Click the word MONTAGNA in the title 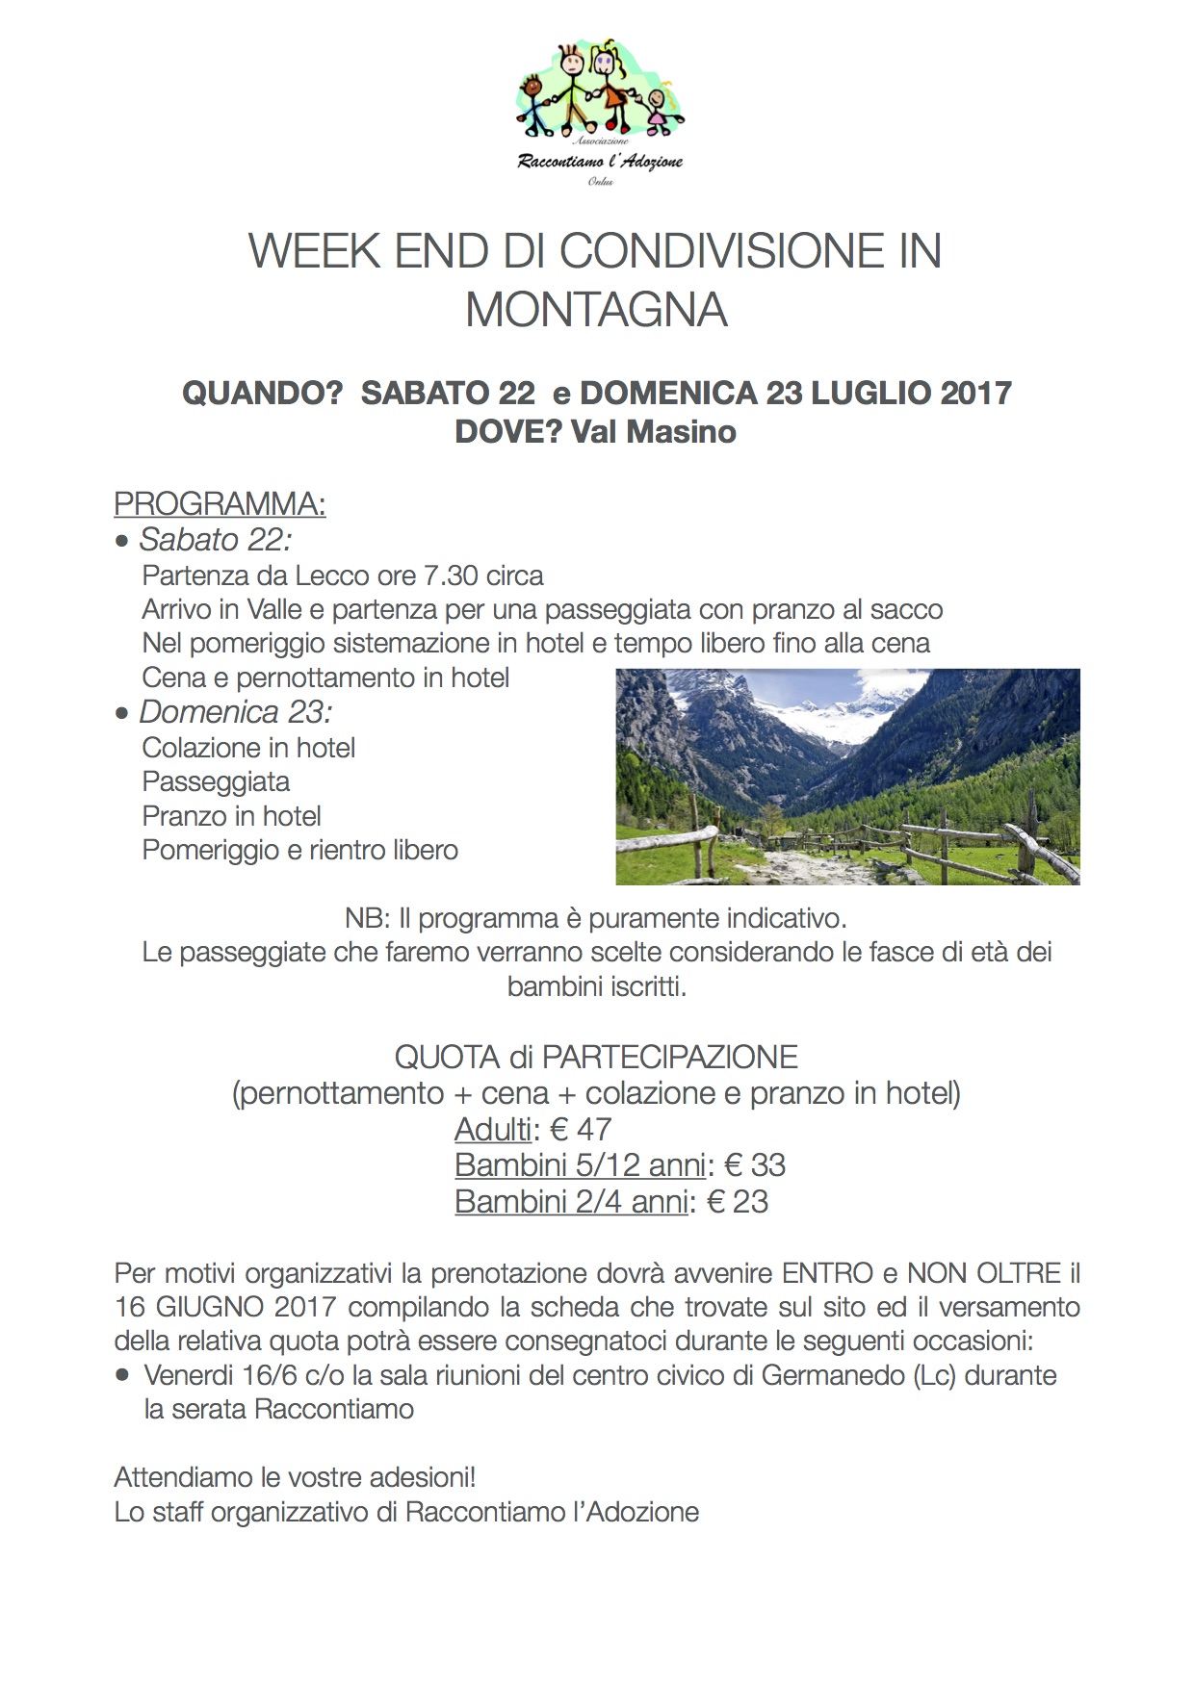(x=596, y=310)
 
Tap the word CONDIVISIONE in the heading (x=721, y=251)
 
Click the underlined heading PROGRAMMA (x=220, y=503)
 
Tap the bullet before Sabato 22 (x=122, y=542)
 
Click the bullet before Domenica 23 (x=122, y=714)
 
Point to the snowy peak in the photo (x=867, y=698)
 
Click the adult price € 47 (x=581, y=1129)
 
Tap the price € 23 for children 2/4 (x=738, y=1202)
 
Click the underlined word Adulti (x=493, y=1129)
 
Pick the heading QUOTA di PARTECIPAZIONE (x=596, y=1057)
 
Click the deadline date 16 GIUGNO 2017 (x=225, y=1307)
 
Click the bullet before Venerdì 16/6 (x=122, y=1376)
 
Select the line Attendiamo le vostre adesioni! (x=295, y=1477)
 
